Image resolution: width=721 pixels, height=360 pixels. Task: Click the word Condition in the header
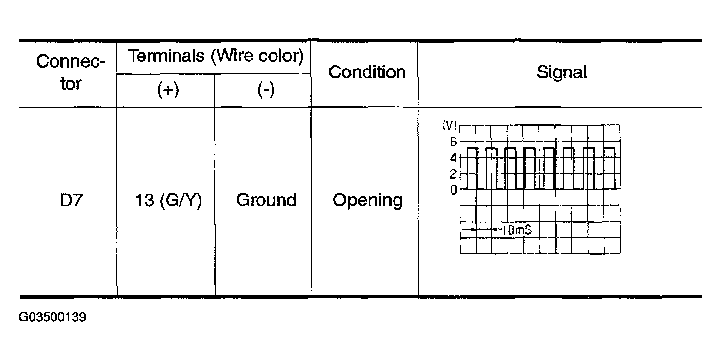tap(367, 72)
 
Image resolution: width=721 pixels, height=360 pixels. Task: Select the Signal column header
tap(561, 72)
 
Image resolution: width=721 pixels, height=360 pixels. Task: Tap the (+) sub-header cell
tap(168, 91)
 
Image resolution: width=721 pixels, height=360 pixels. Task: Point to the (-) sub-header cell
tap(265, 91)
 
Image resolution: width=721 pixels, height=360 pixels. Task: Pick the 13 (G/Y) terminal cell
tap(168, 200)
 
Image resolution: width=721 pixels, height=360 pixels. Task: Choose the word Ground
tap(266, 200)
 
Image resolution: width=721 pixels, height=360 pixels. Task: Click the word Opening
tap(367, 200)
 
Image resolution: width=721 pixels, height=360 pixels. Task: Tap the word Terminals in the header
tap(166, 55)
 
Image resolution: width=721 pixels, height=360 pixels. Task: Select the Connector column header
tap(71, 72)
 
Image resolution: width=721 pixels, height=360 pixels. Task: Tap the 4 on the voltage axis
tap(453, 158)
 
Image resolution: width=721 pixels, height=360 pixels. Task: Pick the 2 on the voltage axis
tap(453, 174)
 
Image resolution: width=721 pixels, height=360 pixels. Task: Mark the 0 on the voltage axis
tap(453, 190)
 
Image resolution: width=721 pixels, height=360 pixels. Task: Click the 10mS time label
tap(515, 230)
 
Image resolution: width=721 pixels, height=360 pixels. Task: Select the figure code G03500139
tap(52, 317)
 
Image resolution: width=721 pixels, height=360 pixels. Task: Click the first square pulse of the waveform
tap(472, 168)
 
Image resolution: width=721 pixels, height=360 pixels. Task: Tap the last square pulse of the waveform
tap(610, 168)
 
